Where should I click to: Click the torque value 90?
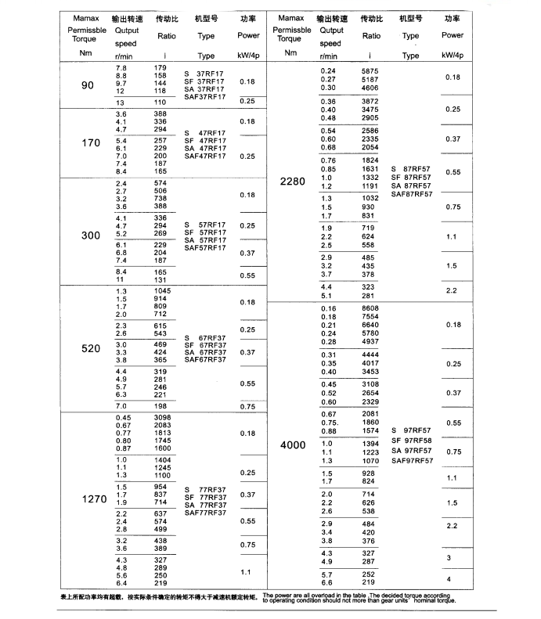tap(86, 85)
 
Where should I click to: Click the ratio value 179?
tap(160, 68)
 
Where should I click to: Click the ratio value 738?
tap(160, 199)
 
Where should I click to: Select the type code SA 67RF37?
tap(205, 352)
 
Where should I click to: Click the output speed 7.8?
tap(121, 68)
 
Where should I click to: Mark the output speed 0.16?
tap(328, 309)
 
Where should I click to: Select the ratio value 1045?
tap(162, 291)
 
